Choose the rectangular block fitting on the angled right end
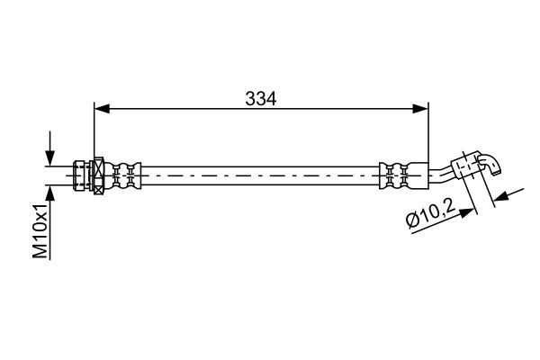click(x=465, y=168)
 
